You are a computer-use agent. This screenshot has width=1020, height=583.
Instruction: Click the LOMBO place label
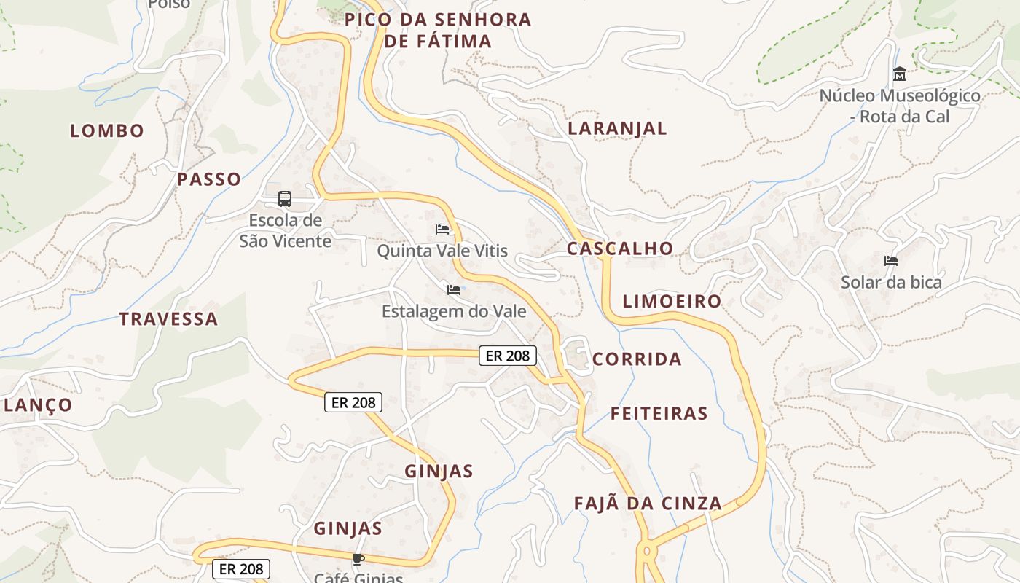coord(107,131)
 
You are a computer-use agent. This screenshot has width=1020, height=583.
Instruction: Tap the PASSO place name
coord(209,179)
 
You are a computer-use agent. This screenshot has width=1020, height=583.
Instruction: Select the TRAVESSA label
coord(168,319)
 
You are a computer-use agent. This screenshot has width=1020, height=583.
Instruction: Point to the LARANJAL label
coord(617,129)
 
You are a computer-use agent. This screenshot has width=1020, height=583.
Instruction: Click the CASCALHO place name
coord(620,249)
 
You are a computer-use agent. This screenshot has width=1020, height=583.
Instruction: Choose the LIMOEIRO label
coord(672,302)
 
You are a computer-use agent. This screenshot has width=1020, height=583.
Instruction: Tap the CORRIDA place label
coord(637,359)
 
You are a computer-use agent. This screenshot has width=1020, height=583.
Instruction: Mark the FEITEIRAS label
coord(659,414)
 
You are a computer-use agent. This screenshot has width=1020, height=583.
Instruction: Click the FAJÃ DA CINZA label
coord(648,504)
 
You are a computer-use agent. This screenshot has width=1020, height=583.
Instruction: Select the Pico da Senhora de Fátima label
coord(438,31)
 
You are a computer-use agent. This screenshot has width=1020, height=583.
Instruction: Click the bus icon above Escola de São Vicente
coord(285,198)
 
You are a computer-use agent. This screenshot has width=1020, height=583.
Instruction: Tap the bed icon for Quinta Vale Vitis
coord(442,230)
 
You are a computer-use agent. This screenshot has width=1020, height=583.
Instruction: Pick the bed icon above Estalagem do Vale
coord(454,290)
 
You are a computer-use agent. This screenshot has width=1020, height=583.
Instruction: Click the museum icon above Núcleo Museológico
coord(900,74)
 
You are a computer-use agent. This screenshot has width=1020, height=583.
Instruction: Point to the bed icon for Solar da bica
coord(891,261)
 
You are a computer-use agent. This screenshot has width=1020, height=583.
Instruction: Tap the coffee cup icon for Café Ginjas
coord(358,559)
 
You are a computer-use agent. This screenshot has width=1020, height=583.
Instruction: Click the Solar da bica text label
coord(891,283)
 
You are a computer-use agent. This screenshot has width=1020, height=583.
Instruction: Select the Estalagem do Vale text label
coord(454,312)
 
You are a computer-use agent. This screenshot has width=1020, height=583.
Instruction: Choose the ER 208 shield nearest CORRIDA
coord(508,356)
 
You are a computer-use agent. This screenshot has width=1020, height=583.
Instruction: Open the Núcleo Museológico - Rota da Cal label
coord(900,106)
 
